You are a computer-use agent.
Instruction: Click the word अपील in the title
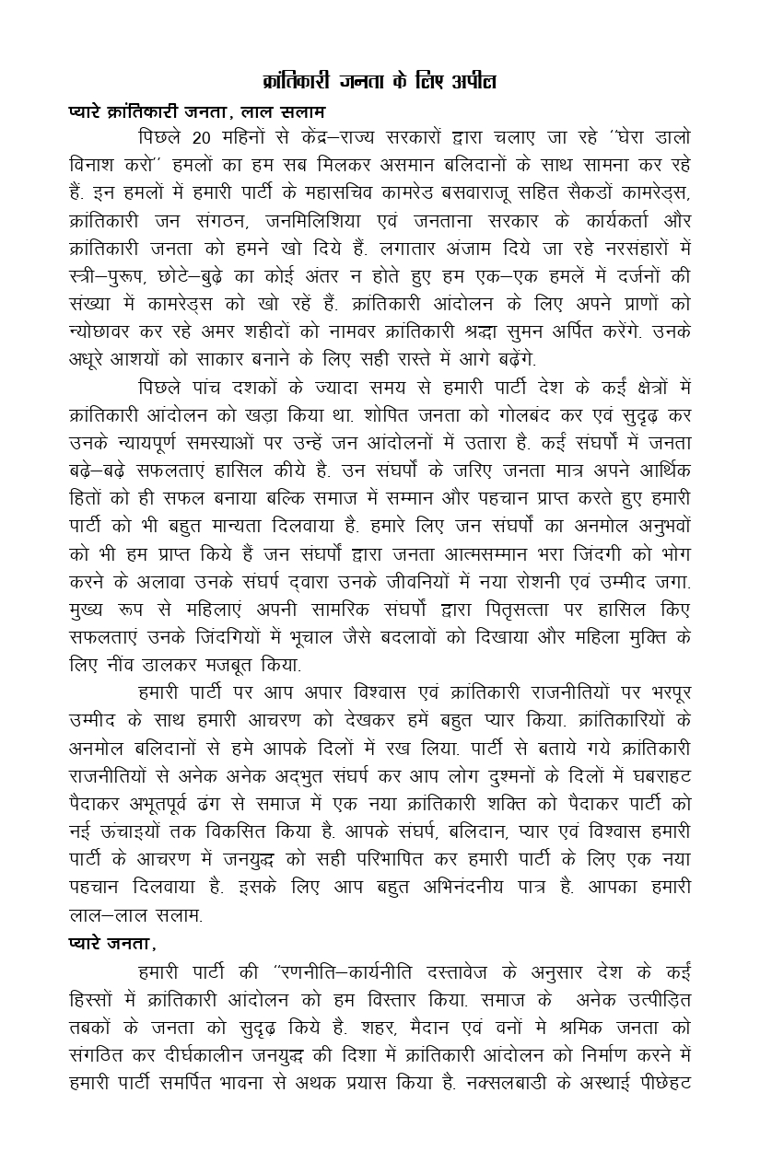[474, 82]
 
